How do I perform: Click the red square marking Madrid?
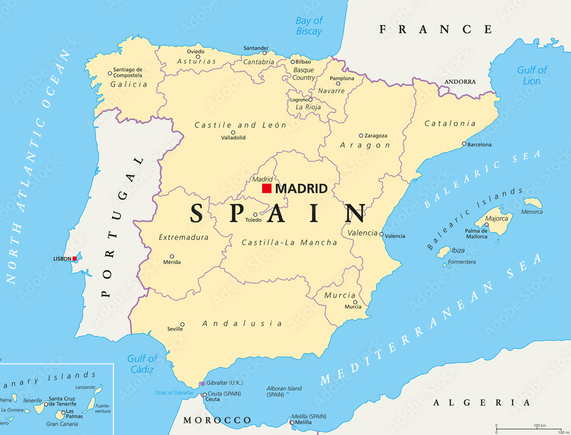point(267,189)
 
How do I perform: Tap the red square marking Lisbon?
point(75,258)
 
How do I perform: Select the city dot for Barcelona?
point(464,144)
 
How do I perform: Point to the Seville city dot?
point(182,324)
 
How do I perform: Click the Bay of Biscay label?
point(309,26)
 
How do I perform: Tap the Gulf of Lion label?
point(531,75)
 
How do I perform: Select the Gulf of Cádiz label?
point(142,364)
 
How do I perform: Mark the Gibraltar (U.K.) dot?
point(202,383)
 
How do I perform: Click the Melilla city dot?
point(292,422)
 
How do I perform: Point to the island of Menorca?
point(533,203)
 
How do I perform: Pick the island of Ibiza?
point(443,252)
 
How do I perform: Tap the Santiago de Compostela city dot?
point(110,74)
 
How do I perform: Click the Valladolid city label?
point(233,138)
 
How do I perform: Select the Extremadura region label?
point(183,238)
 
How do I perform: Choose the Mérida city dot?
point(172,256)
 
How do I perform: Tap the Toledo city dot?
point(255,215)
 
